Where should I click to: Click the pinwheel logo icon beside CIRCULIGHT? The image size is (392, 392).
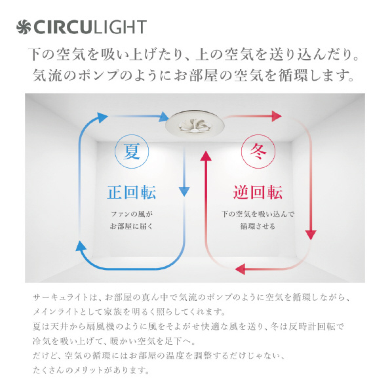pyautogui.click(x=24, y=27)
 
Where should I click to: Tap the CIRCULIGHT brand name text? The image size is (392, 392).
pyautogui.click(x=90, y=27)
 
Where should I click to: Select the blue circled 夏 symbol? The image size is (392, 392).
pyautogui.click(x=132, y=151)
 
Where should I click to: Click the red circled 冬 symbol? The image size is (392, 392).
pyautogui.click(x=258, y=151)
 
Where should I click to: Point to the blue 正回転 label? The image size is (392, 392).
pyautogui.click(x=132, y=193)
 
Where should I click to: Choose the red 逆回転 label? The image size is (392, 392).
pyautogui.click(x=258, y=193)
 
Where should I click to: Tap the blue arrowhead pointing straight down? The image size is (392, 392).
pyautogui.click(x=184, y=191)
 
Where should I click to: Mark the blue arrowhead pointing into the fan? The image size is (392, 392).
pyautogui.click(x=165, y=117)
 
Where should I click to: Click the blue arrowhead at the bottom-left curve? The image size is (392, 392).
pyautogui.click(x=81, y=246)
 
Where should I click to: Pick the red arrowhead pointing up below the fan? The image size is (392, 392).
pyautogui.click(x=206, y=156)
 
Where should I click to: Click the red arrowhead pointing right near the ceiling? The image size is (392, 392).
pyautogui.click(x=277, y=116)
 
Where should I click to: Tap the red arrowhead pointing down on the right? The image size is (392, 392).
pyautogui.click(x=311, y=235)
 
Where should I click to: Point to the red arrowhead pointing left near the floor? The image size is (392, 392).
pyautogui.click(x=241, y=269)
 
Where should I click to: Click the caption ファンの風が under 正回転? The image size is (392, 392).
pyautogui.click(x=132, y=214)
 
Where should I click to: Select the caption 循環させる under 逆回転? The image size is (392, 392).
pyautogui.click(x=258, y=226)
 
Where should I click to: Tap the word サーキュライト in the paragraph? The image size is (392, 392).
pyautogui.click(x=61, y=297)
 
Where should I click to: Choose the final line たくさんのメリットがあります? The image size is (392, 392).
pyautogui.click(x=91, y=370)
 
